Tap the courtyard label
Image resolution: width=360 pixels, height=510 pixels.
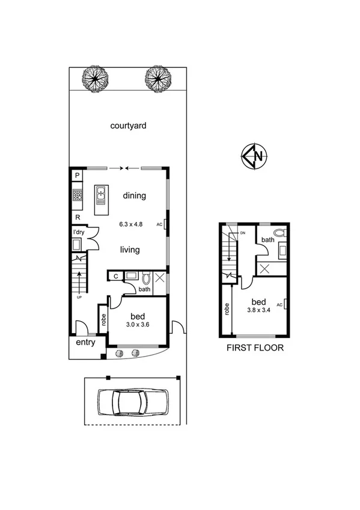129,126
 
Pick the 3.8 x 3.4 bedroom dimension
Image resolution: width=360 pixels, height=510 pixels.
258,310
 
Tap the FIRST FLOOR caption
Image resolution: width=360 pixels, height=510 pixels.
254,348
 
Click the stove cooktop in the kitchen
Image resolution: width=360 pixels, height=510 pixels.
77,195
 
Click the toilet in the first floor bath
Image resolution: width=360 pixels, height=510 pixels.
279,232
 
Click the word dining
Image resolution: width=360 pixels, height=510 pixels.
135,195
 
